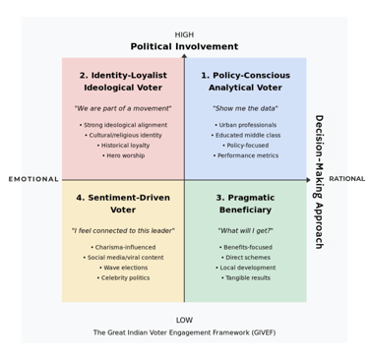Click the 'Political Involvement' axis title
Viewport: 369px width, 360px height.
click(184, 46)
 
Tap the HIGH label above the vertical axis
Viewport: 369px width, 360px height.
click(184, 34)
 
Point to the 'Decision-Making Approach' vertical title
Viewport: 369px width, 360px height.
click(318, 181)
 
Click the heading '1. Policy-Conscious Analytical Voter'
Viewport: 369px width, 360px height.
click(245, 81)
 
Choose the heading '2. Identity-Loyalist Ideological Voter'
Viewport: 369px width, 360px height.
click(123, 81)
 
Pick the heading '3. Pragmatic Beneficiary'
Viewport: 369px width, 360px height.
click(245, 204)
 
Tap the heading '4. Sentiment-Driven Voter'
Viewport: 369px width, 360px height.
click(123, 204)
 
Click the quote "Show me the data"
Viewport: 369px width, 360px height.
click(245, 108)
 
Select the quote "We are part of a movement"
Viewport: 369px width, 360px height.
click(123, 108)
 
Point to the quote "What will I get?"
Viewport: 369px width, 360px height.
click(245, 230)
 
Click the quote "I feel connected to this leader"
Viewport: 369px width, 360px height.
click(123, 230)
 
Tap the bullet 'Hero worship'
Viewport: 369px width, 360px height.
click(123, 155)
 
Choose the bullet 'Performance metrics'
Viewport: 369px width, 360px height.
click(245, 155)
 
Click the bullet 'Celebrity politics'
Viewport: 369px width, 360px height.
click(123, 277)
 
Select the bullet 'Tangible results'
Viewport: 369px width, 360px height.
click(245, 277)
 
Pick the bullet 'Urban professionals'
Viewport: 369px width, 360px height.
click(245, 125)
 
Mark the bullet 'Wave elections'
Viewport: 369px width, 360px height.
click(123, 268)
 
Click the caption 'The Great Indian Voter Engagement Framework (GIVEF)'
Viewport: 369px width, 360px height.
click(184, 332)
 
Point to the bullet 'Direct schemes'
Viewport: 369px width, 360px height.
click(245, 258)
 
